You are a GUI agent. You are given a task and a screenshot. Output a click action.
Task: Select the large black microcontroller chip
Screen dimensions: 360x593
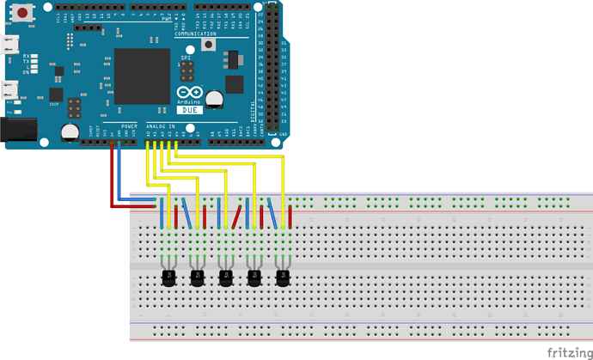[142, 75]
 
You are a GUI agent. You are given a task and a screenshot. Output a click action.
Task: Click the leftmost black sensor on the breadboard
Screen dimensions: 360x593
[169, 277]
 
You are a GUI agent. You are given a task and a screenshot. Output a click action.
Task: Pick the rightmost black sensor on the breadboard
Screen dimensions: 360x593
[282, 277]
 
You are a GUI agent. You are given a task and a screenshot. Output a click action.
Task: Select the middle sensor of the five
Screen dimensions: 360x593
[226, 277]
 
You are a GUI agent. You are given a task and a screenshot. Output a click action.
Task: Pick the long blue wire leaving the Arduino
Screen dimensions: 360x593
[119, 172]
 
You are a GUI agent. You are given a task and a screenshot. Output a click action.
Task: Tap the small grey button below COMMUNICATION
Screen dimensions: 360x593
[207, 46]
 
